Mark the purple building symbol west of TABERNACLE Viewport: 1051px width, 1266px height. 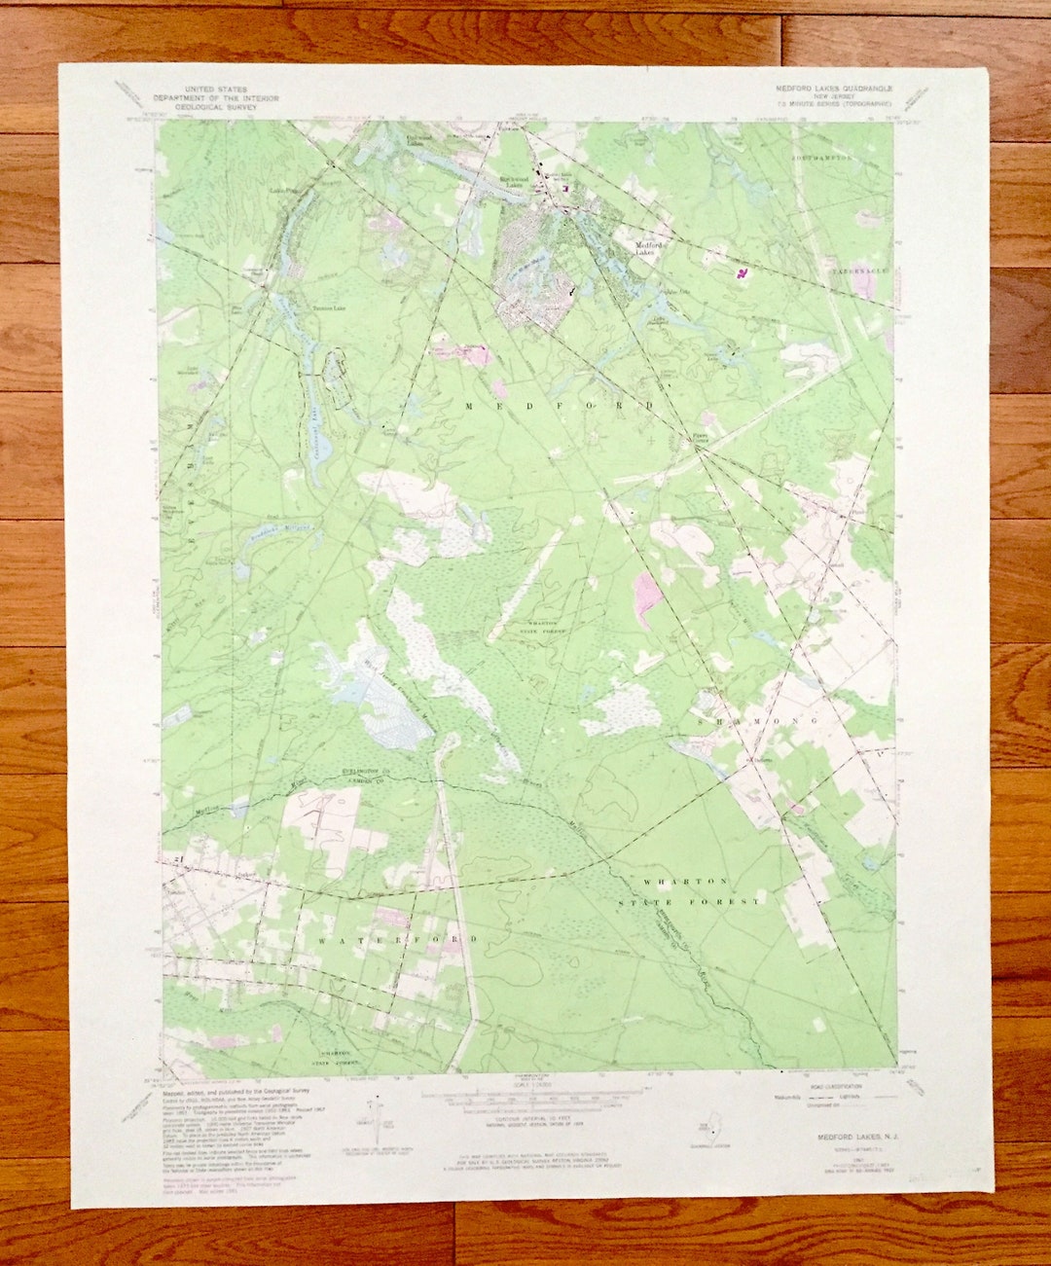point(743,274)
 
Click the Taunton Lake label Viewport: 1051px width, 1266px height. point(328,307)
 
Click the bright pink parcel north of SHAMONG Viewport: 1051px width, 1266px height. point(647,595)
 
